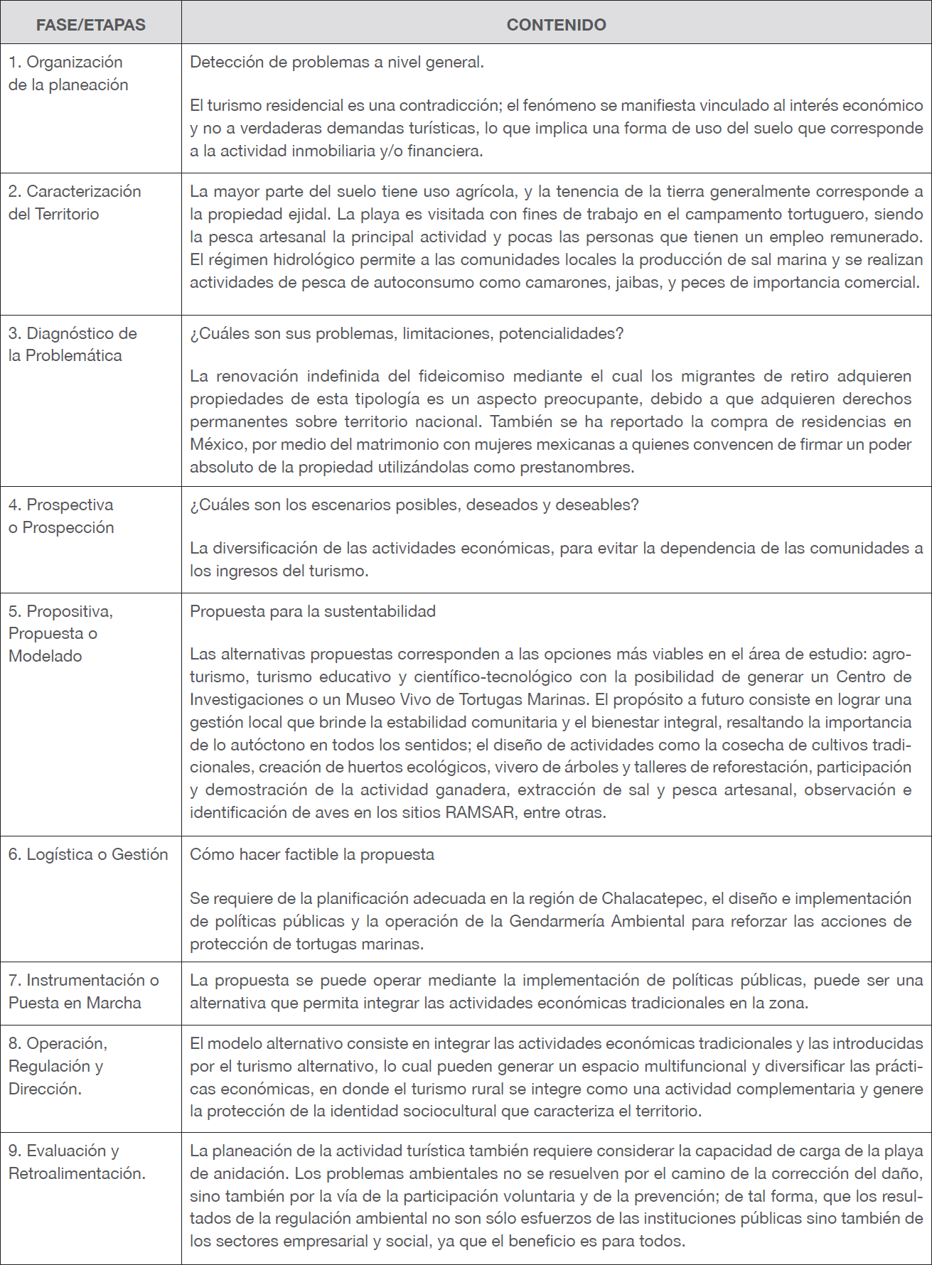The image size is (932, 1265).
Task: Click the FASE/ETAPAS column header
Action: pyautogui.click(x=90, y=25)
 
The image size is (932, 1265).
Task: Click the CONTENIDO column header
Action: pyautogui.click(x=556, y=25)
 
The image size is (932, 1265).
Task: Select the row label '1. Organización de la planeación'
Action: pyautogui.click(x=68, y=73)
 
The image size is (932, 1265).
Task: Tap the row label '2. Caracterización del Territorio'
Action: pyautogui.click(x=75, y=203)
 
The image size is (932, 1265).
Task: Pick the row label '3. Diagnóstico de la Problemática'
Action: pyautogui.click(x=73, y=344)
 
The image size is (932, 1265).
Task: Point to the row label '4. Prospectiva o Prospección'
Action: pyautogui.click(x=61, y=516)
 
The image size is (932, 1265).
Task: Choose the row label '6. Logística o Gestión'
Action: pyautogui.click(x=88, y=854)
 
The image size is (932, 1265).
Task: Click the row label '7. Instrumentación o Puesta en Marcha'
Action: pyautogui.click(x=83, y=991)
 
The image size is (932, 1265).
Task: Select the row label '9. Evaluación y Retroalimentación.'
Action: pyautogui.click(x=77, y=1162)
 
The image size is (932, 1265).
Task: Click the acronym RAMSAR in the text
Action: pyautogui.click(x=479, y=812)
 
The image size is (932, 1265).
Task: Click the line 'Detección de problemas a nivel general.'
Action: pyautogui.click(x=336, y=63)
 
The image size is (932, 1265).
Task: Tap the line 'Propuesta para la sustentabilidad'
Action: pyautogui.click(x=312, y=611)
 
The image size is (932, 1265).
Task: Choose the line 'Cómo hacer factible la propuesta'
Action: pyautogui.click(x=311, y=854)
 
